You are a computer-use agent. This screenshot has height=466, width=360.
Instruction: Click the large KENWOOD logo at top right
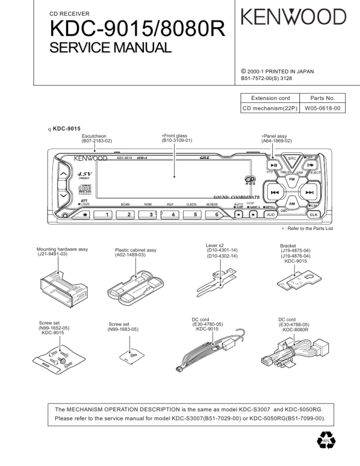(x=293, y=18)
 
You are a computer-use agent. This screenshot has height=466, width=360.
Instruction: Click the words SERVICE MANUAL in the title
(x=111, y=47)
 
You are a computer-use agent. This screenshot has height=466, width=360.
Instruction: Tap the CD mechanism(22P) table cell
(x=271, y=108)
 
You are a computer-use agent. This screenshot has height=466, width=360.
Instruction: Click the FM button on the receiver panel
(x=291, y=177)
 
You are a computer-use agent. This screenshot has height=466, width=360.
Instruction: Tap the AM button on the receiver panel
(x=291, y=204)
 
